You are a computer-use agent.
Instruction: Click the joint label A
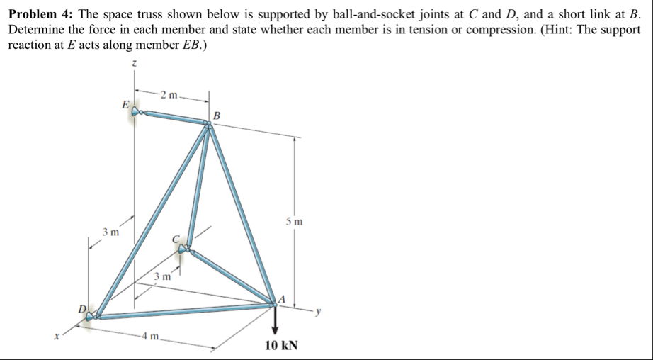[281, 298]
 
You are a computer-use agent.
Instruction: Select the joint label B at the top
[217, 115]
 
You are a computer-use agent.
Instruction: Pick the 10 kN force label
[281, 346]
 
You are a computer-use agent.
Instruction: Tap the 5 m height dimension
[295, 222]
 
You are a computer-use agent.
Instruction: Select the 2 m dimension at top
[170, 95]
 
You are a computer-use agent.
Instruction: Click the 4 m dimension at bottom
[152, 335]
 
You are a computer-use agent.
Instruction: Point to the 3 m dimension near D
[110, 231]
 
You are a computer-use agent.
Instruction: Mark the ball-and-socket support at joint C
[185, 248]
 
